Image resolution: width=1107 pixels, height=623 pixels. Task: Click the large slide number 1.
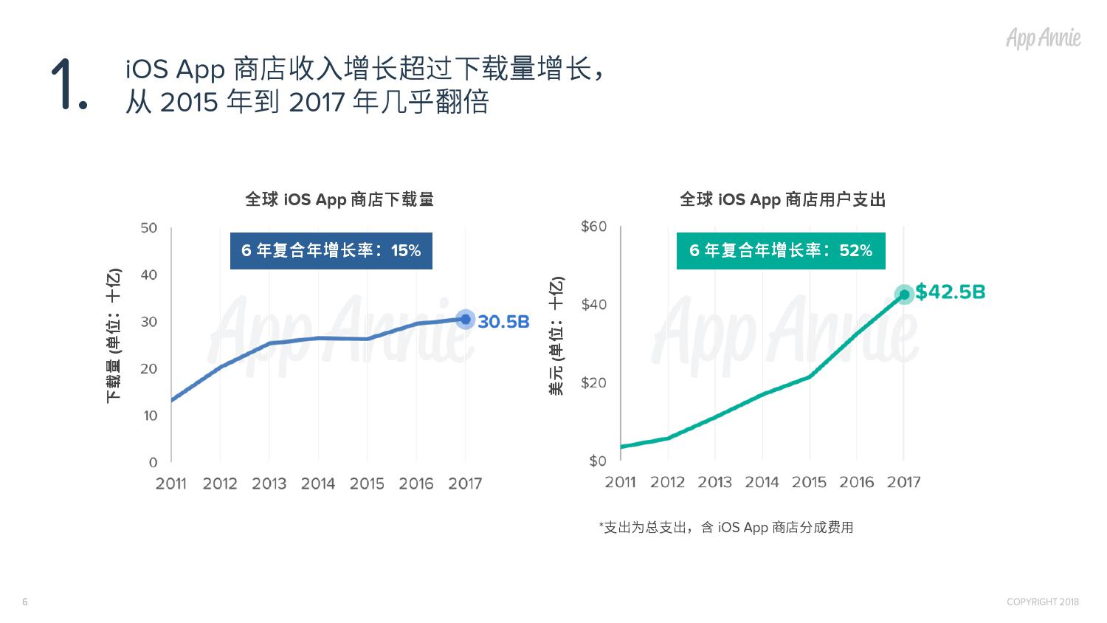69,86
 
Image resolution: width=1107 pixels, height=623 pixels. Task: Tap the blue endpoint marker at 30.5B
465,320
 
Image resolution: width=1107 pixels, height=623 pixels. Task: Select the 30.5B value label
503,322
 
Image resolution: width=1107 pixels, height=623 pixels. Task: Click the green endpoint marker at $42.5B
904,294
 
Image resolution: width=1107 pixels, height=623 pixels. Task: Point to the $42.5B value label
950,292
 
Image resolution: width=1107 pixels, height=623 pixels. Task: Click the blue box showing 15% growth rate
331,251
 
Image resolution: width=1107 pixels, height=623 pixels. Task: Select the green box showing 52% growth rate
780,251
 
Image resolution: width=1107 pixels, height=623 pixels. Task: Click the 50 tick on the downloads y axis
149,228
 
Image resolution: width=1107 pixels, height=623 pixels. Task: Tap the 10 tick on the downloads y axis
151,416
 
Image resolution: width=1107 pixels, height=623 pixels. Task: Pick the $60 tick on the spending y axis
593,227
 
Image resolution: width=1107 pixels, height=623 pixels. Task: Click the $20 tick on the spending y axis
593,382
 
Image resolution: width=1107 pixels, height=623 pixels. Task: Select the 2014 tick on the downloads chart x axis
318,483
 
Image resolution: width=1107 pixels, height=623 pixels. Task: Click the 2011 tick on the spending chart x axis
620,482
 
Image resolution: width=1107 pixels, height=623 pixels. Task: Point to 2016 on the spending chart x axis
856,482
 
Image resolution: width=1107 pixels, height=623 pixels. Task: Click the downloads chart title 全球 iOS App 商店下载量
339,199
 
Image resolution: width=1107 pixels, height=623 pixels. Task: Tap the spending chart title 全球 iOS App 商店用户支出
782,199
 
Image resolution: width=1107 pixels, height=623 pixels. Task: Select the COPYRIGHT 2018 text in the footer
1042,602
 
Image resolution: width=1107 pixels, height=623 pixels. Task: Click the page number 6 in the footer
25,602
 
